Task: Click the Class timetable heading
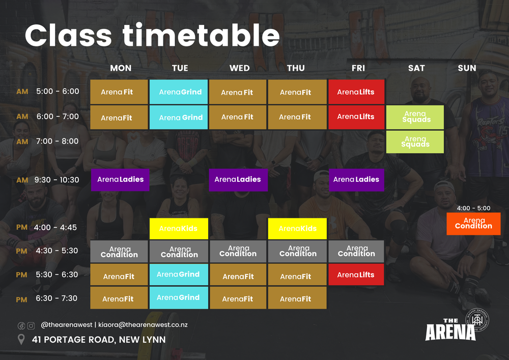coord(152,36)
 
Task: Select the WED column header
coord(239,68)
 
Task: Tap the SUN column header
coord(467,68)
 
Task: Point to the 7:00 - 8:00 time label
coord(57,141)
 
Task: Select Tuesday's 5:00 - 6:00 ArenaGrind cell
coord(179,92)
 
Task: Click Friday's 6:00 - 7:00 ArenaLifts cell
coord(356,117)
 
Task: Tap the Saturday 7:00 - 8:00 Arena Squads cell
coord(415,142)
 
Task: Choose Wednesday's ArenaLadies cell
coord(238,180)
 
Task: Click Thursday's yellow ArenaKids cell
coord(297,229)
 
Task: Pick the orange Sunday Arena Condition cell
coord(473,224)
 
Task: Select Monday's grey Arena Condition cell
coord(119,252)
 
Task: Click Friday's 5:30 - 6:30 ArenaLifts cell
coord(356,275)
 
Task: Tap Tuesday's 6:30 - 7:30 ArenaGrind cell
coord(179,298)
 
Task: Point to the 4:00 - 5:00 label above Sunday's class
coord(473,208)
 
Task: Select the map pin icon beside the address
coord(21,340)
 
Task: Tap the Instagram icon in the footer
coord(31,325)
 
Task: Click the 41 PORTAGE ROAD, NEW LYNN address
coord(98,340)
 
